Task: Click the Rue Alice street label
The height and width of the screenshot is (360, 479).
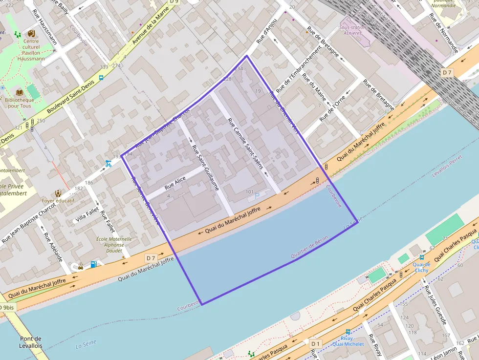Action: (x=175, y=184)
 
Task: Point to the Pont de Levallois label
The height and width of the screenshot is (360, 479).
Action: (x=31, y=342)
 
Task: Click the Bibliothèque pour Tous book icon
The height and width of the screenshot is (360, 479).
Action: (x=20, y=92)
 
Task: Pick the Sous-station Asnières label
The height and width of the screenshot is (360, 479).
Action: (x=352, y=30)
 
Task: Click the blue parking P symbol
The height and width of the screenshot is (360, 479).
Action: (x=257, y=196)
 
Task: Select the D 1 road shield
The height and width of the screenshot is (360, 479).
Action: (x=315, y=344)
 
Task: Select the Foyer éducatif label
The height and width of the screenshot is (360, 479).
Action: (x=58, y=200)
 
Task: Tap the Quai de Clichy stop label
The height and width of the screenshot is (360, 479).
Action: (x=421, y=267)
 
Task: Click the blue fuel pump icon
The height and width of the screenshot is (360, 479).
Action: (x=93, y=264)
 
